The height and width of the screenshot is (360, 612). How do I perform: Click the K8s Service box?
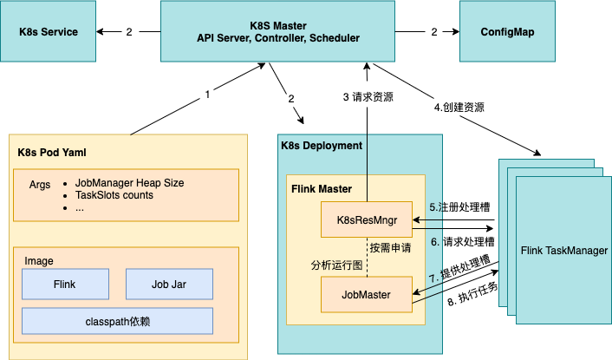pyautogui.click(x=49, y=32)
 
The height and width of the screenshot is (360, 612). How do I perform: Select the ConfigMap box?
pyautogui.click(x=507, y=32)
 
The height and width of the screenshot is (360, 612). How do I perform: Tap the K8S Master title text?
pyautogui.click(x=278, y=24)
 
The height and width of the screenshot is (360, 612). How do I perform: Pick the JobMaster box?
pyautogui.click(x=364, y=295)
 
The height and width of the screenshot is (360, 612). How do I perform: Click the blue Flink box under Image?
pyautogui.click(x=65, y=283)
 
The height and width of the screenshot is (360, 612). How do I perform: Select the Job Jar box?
pyautogui.click(x=169, y=283)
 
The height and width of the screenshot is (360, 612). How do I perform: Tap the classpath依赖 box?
pyautogui.click(x=117, y=321)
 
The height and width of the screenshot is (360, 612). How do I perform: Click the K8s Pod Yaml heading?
pyautogui.click(x=52, y=153)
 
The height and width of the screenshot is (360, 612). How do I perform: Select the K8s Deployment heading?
pyautogui.click(x=322, y=146)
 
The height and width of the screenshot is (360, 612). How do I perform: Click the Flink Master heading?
pyautogui.click(x=321, y=188)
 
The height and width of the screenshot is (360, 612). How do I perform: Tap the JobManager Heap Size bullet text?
pyautogui.click(x=130, y=183)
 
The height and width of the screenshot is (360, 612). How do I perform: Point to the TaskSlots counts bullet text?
pyautogui.click(x=114, y=195)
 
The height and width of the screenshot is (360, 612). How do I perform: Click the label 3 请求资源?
pyautogui.click(x=368, y=96)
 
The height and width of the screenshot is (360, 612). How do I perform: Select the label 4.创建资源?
pyautogui.click(x=459, y=108)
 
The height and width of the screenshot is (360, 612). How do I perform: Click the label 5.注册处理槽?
pyautogui.click(x=460, y=208)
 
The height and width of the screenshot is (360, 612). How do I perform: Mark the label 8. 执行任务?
pyautogui.click(x=472, y=295)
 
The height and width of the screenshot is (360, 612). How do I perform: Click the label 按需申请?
pyautogui.click(x=390, y=247)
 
